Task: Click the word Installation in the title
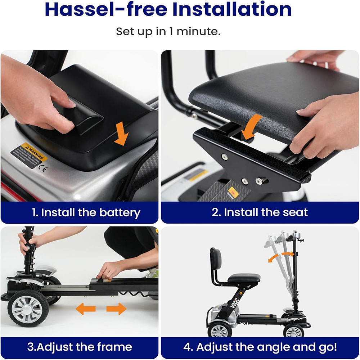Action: [x=232, y=10]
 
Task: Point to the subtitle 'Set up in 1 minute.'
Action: [x=168, y=32]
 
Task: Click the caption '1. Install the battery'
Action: [x=85, y=212]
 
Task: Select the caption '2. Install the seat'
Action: [x=260, y=212]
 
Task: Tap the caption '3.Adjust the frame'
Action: [x=80, y=347]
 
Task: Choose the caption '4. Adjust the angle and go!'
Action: [x=260, y=347]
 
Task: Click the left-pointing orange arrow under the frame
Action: [x=85, y=309]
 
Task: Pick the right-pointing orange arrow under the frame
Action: [x=116, y=309]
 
